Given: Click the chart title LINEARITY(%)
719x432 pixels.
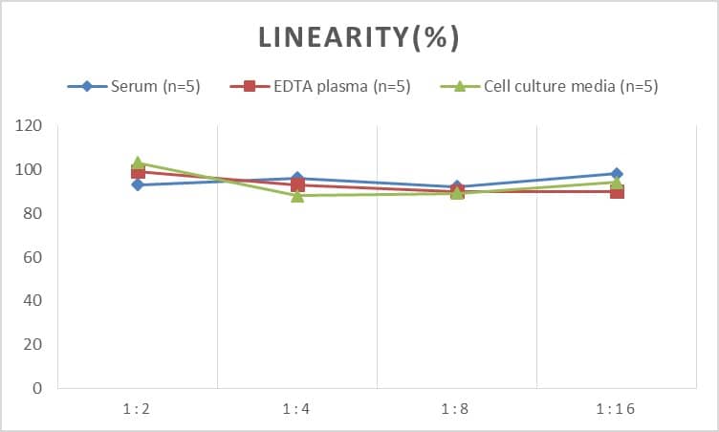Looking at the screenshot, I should [x=359, y=37].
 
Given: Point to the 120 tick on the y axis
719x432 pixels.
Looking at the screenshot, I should [x=29, y=126].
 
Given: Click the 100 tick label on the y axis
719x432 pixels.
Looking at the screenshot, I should [x=29, y=170].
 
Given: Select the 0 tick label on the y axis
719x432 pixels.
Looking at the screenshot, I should [x=36, y=388].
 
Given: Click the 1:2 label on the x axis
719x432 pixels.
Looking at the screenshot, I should [x=137, y=409].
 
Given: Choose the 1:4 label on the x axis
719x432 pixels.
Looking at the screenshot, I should [x=296, y=409].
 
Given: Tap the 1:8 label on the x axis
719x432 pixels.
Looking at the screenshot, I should [x=456, y=409].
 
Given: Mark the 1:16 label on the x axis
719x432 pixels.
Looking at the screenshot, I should [x=616, y=409].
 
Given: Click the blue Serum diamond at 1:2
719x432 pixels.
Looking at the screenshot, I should [x=138, y=184].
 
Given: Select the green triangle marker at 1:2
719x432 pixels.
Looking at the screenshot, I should [x=138, y=162].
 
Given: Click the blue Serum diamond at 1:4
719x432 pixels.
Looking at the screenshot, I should [x=297, y=179].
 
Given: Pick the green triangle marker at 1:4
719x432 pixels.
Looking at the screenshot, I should [x=297, y=196].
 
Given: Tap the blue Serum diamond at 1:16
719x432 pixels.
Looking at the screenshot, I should [x=617, y=174].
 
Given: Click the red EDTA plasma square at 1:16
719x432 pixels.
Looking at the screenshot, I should [x=617, y=192].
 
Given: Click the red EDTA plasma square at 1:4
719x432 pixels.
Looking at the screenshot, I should [x=297, y=185].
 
